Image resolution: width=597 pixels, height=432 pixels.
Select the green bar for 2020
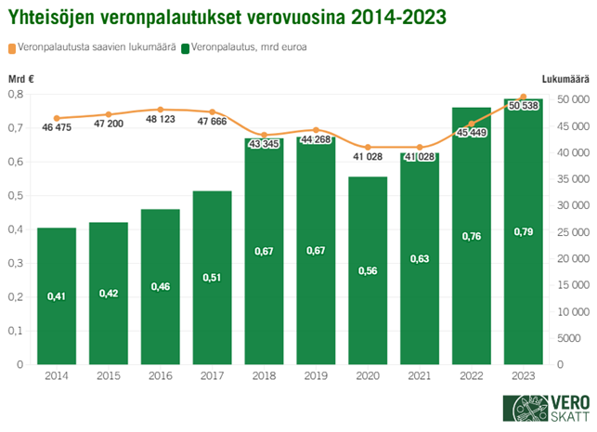[368, 279]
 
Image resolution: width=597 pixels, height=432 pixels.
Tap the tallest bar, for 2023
[523, 242]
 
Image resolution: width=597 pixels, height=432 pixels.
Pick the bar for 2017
[212, 288]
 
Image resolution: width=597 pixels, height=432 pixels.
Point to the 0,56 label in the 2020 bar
[368, 270]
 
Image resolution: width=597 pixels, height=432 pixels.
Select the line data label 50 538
[524, 106]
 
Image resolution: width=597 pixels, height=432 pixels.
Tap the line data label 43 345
[265, 143]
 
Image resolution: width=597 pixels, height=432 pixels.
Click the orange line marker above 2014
[57, 119]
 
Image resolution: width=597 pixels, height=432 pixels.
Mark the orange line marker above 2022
[471, 124]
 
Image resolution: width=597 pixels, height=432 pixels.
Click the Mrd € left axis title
[21, 81]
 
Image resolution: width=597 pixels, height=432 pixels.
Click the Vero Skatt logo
[543, 409]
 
